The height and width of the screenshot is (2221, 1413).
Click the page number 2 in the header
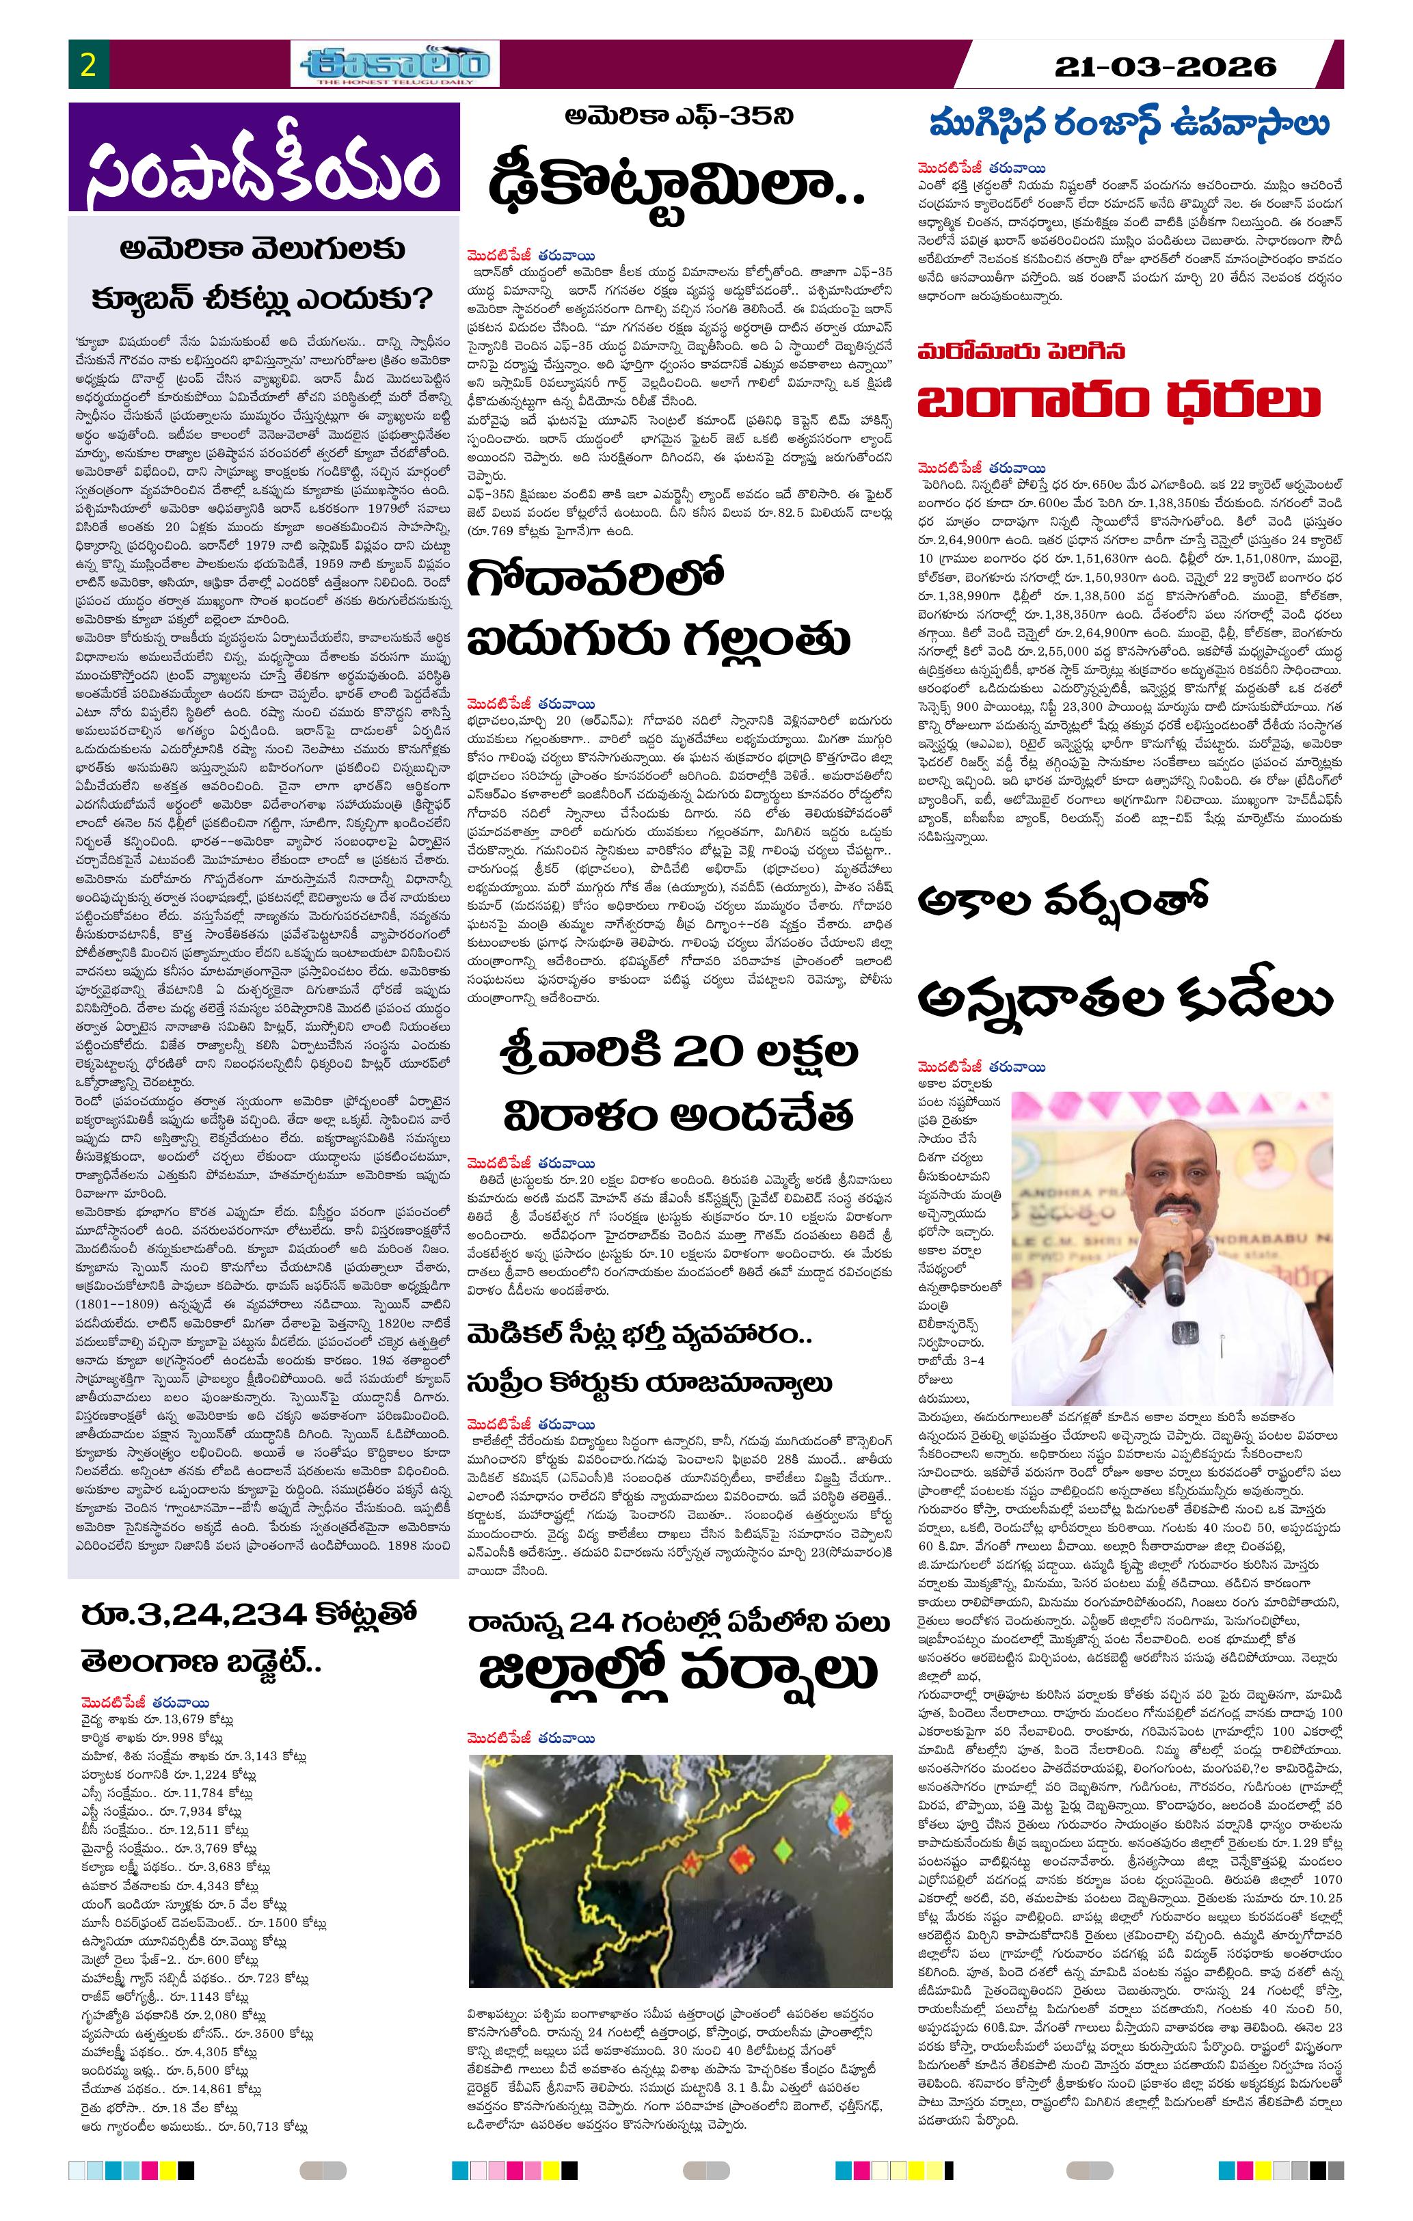point(89,66)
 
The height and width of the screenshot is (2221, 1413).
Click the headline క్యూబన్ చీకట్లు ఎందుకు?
point(264,300)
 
